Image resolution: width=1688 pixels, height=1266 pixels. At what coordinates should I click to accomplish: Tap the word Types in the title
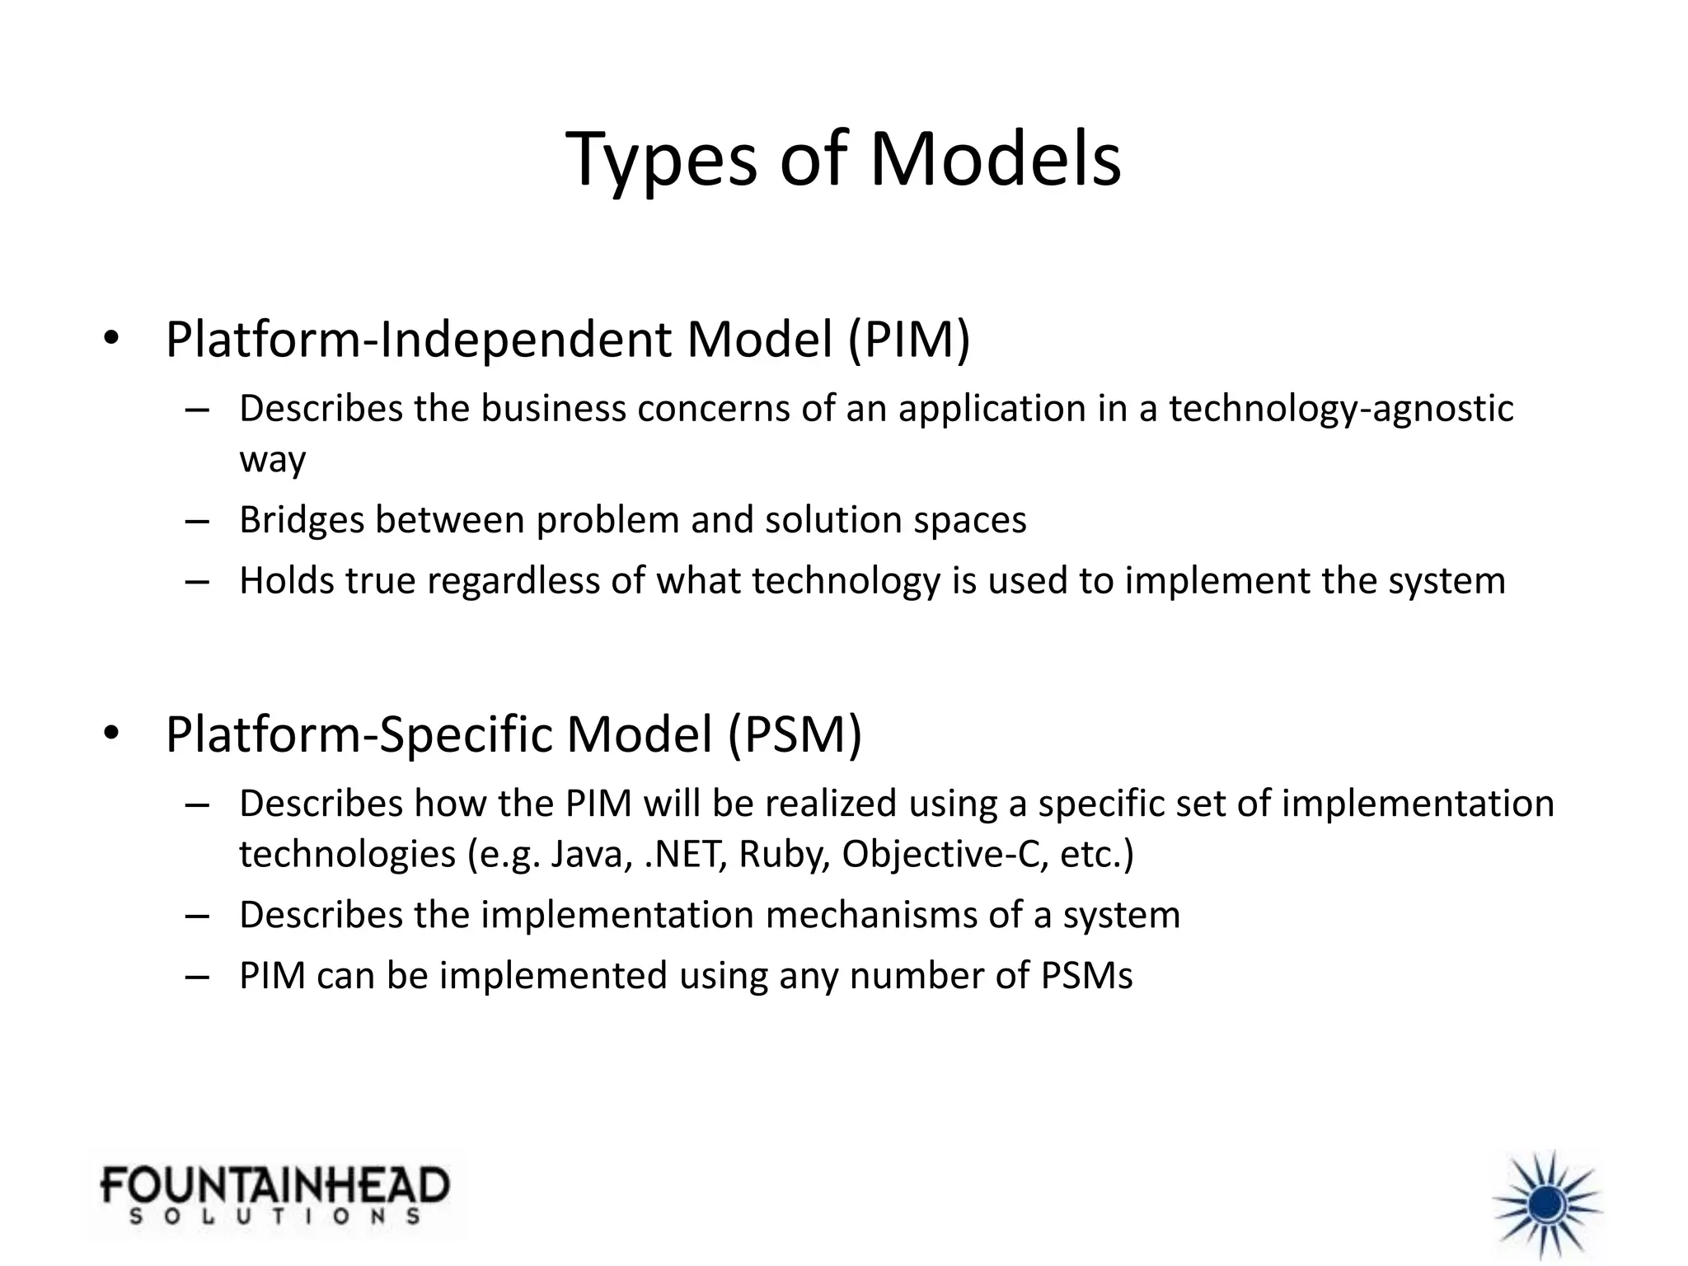coord(660,159)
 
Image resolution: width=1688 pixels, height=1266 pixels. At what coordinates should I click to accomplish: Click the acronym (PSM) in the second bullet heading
coord(795,734)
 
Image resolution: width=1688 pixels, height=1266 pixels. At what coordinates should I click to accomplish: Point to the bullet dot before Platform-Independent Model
coord(111,339)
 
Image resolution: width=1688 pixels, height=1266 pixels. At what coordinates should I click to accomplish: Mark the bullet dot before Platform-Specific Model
coord(111,734)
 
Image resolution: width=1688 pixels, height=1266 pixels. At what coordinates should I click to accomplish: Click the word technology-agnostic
coord(1340,409)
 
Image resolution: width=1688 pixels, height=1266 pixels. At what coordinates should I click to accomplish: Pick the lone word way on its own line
coord(272,460)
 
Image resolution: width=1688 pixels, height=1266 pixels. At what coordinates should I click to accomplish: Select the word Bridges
coord(302,520)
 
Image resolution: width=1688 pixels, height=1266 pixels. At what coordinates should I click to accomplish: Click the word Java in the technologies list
coord(590,854)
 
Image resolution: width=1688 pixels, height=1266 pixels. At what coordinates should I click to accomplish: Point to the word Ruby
coord(784,854)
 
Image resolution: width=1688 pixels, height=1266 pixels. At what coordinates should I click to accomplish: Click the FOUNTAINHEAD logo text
coord(274,1185)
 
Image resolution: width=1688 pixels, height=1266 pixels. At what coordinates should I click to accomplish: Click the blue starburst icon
coord(1547,1204)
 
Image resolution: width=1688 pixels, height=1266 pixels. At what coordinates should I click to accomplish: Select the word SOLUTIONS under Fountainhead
coord(274,1217)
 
